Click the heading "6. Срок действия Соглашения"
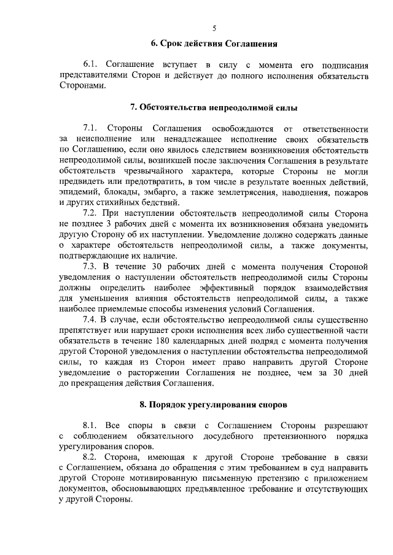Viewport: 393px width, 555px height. coord(215,44)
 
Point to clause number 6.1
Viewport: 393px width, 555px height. coord(91,64)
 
